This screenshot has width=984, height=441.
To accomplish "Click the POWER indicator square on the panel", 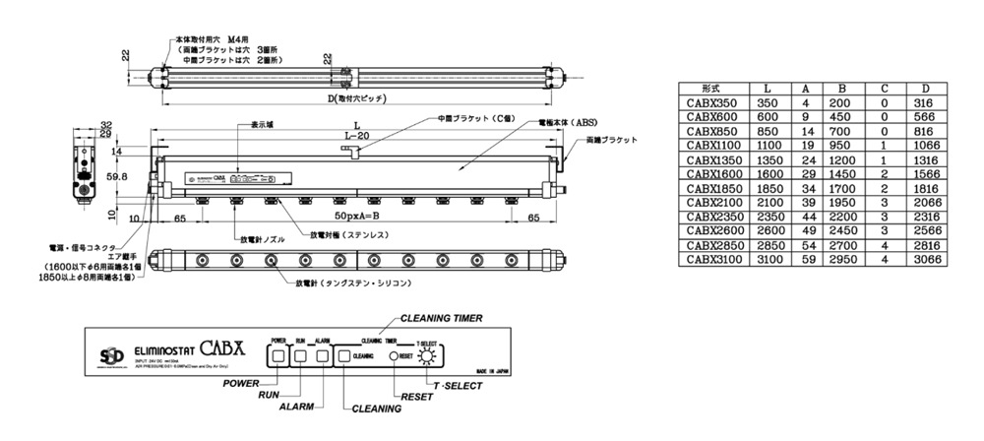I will pyautogui.click(x=277, y=355).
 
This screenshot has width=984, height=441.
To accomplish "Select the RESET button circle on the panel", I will pyautogui.click(x=395, y=355).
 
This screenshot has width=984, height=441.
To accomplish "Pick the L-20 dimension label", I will pyautogui.click(x=355, y=135).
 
